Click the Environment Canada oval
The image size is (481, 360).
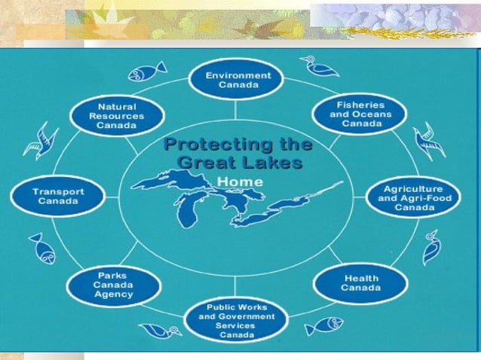click(234, 80)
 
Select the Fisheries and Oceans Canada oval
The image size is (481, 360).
click(359, 113)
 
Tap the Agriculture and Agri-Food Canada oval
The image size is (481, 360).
click(413, 197)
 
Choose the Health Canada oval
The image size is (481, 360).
click(360, 282)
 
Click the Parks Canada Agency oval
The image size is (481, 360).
click(114, 285)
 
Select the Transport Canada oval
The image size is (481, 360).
click(57, 196)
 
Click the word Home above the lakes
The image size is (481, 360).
click(240, 182)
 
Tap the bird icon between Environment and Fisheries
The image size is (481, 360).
click(320, 66)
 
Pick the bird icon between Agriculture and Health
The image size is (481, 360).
click(431, 247)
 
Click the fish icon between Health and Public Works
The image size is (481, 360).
click(324, 326)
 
